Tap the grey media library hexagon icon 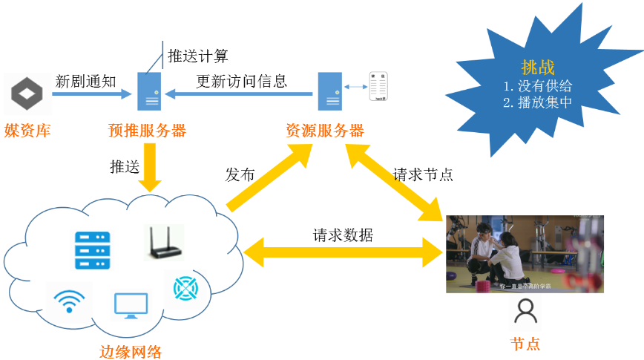[x=27, y=94]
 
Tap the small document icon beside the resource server [x=380, y=87]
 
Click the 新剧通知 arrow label [x=85, y=81]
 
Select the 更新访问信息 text [x=242, y=81]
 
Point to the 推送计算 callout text [x=197, y=56]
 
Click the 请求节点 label [x=423, y=175]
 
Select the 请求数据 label [x=343, y=236]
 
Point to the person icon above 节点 [x=526, y=312]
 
